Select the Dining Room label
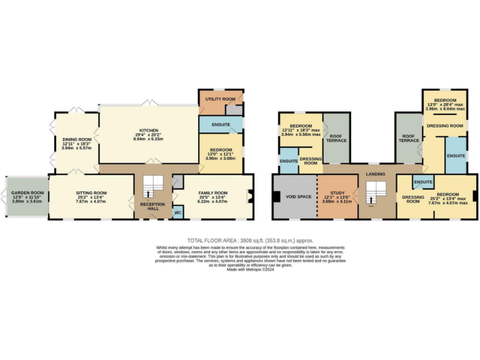point(77,139)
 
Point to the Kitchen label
point(149,131)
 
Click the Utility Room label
point(221,99)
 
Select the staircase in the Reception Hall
point(152,186)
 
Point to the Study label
point(337,193)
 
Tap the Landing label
point(376,174)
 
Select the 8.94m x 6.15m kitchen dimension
point(149,139)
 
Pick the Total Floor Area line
point(250,240)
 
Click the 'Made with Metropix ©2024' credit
point(250,269)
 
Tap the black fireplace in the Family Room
point(251,196)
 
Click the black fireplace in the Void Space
point(276,197)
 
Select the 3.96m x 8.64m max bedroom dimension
point(445,109)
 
